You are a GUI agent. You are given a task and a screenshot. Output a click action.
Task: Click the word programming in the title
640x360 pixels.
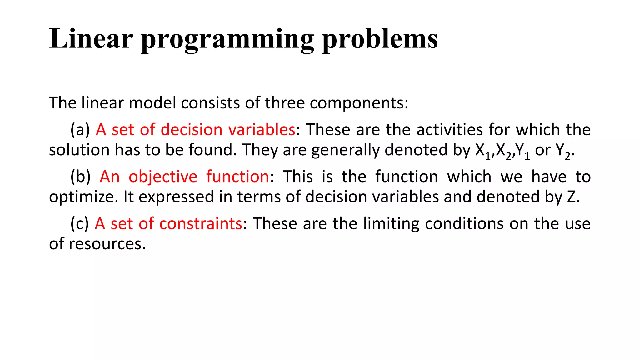[x=227, y=40]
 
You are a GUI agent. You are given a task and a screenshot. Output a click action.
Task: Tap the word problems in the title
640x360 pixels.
[x=380, y=40]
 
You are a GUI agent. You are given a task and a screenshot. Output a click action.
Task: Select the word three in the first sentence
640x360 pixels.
[x=284, y=103]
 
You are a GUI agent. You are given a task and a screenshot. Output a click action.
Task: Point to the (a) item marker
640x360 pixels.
[x=80, y=130]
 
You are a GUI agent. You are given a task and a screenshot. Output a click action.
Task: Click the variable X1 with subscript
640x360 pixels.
[x=482, y=151]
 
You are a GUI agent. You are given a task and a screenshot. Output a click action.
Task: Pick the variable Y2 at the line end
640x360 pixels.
[x=563, y=151]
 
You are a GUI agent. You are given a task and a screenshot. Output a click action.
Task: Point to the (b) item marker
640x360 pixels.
[x=80, y=177]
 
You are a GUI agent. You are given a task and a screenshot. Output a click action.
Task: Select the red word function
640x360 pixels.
[x=237, y=177]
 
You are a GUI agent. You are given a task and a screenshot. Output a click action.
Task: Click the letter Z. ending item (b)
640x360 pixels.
[x=572, y=197]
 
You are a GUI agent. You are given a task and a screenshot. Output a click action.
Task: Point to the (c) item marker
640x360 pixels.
[x=80, y=224]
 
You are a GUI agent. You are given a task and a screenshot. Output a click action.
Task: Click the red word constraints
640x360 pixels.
[x=201, y=224]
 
